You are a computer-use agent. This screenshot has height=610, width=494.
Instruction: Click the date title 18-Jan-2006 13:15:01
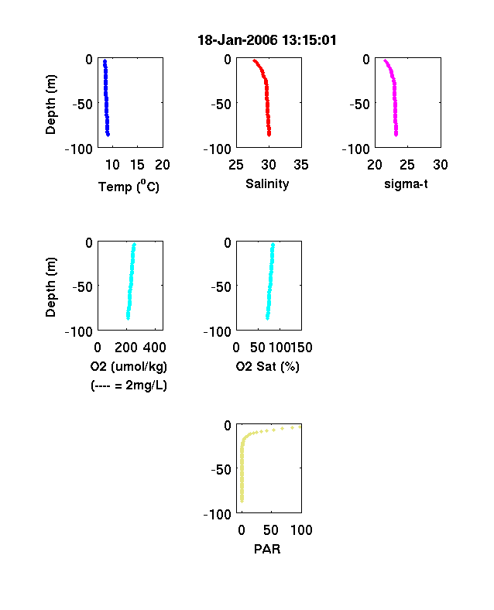[x=267, y=40]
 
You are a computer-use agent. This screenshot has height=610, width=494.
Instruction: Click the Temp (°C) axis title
[x=129, y=186]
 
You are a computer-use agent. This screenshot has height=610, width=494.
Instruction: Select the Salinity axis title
[x=267, y=183]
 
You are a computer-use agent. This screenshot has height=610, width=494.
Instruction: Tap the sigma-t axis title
[x=406, y=183]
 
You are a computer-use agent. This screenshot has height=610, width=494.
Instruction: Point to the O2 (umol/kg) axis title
[x=129, y=366]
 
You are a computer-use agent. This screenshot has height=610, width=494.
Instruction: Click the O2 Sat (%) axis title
[x=268, y=366]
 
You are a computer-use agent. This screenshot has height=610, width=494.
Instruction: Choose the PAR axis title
[x=267, y=549]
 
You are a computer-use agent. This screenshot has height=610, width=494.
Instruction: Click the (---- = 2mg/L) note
[x=129, y=386]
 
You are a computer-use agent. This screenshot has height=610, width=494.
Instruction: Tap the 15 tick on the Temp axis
[x=137, y=165]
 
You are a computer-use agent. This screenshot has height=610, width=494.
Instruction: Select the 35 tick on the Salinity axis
[x=301, y=165]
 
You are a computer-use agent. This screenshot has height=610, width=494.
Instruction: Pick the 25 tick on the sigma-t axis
[x=407, y=165]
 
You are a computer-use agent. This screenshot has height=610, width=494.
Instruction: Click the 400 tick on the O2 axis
[x=155, y=348]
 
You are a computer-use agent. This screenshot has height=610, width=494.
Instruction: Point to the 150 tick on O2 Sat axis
[x=301, y=348]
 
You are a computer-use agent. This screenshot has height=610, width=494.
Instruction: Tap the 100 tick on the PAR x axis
[x=301, y=529]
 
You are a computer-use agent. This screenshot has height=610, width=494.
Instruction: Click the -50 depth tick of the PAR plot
[x=221, y=470]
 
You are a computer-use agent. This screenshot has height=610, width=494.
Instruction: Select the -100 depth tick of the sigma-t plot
[x=356, y=149]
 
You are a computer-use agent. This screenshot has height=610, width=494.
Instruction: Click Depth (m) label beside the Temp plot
[x=50, y=105]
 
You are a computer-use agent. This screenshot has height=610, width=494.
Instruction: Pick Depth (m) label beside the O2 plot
[x=50, y=287]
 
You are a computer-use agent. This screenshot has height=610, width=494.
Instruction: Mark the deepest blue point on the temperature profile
[x=108, y=135]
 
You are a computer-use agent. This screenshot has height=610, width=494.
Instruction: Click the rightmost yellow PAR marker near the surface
[x=300, y=427]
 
